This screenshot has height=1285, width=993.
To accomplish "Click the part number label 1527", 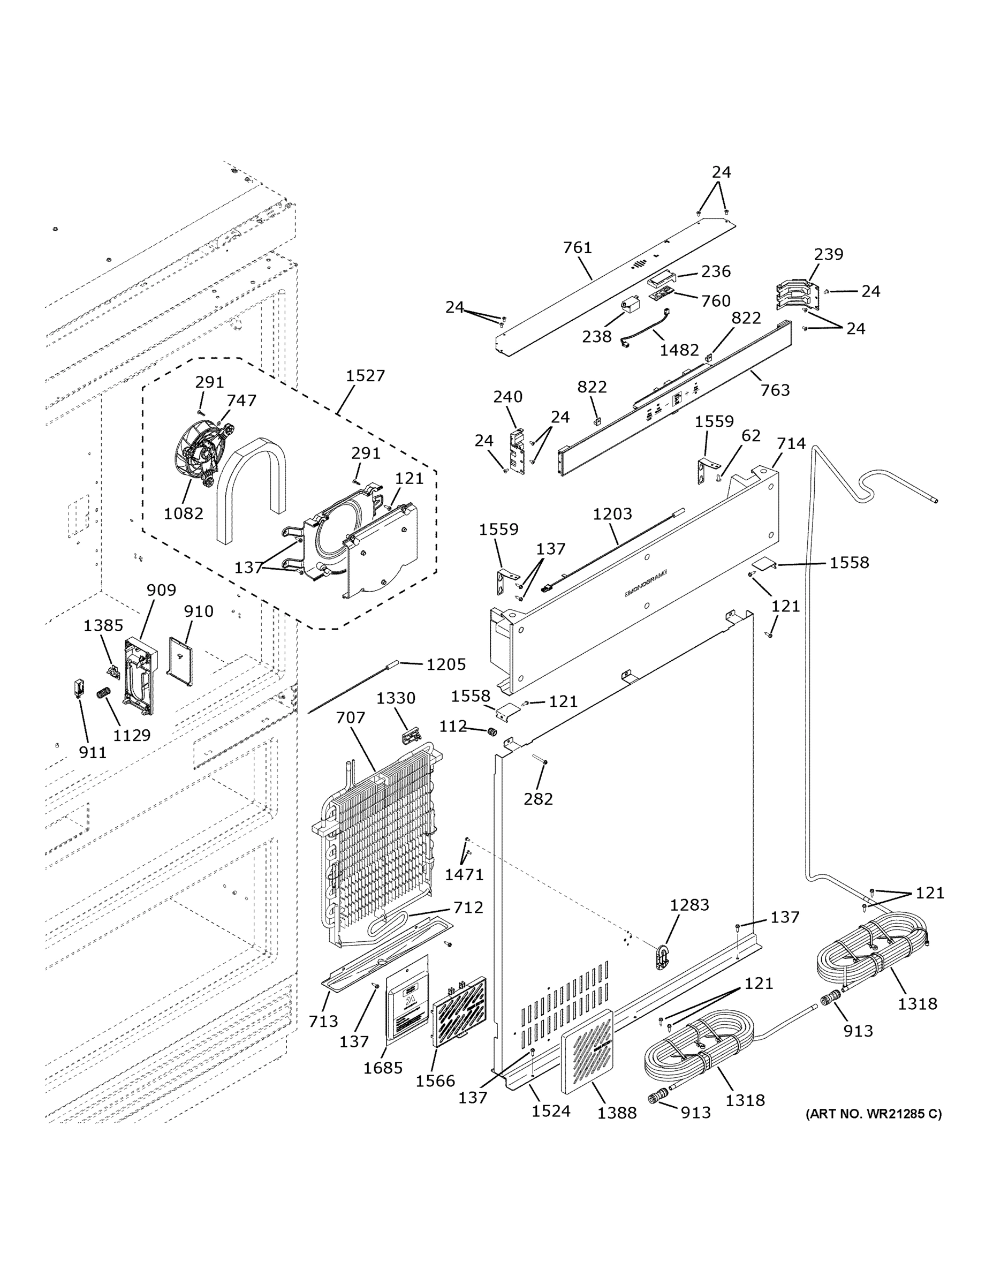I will pos(365,375).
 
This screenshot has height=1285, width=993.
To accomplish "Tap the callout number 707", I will pos(351,718).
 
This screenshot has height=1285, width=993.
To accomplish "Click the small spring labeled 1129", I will pos(103,694).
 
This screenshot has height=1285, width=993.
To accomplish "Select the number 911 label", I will pos(93,752).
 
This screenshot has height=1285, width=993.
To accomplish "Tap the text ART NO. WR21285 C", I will pos(873,1114).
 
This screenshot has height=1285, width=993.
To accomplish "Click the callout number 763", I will pos(775,390).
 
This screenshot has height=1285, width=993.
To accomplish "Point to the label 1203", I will pos(612,513).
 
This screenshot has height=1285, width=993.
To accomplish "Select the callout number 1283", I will pos(689,905).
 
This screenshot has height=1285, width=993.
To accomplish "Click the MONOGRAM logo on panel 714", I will pos(646,583).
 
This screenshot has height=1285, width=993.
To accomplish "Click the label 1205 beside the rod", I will pos(445,664).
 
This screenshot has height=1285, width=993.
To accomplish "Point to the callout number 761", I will pos(577,248).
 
